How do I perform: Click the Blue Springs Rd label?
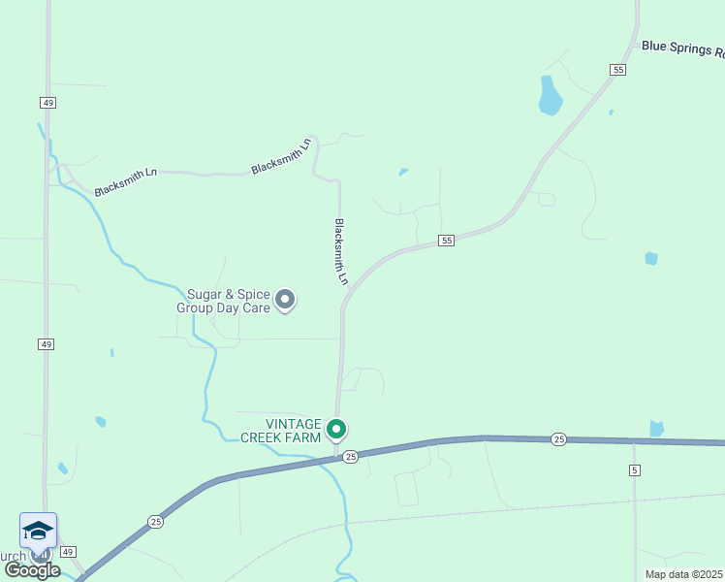click(681, 48)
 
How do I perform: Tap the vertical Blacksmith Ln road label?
click(341, 251)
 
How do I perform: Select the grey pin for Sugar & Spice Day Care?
click(285, 300)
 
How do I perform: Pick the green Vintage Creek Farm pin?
click(336, 429)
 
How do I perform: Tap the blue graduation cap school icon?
click(38, 531)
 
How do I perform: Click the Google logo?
click(32, 570)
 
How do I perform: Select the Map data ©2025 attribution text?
click(684, 574)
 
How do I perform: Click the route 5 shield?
click(635, 470)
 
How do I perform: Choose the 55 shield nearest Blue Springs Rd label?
click(618, 69)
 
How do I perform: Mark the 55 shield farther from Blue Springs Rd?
click(446, 240)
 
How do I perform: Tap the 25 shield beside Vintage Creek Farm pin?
click(351, 456)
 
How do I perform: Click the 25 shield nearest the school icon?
click(156, 522)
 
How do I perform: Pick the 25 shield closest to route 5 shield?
click(558, 439)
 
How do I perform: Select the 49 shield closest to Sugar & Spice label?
click(47, 344)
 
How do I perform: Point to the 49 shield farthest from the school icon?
click(47, 102)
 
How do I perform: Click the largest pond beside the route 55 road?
click(550, 96)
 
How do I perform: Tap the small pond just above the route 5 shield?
click(657, 428)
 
